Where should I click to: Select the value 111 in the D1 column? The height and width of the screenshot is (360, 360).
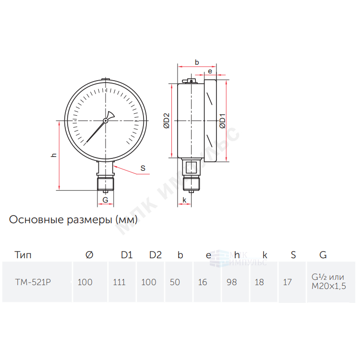tap(119, 282)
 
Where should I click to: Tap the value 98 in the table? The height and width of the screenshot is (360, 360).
tap(231, 282)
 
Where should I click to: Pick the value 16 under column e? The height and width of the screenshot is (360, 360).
tap(203, 282)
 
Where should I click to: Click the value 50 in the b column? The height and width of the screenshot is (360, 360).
tap(175, 282)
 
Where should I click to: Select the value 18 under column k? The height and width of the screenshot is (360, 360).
tap(259, 282)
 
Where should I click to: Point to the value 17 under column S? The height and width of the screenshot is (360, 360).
tap(287, 282)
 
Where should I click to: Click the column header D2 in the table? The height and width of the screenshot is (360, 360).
tap(156, 255)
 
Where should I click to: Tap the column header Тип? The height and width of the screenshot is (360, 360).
tap(23, 255)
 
